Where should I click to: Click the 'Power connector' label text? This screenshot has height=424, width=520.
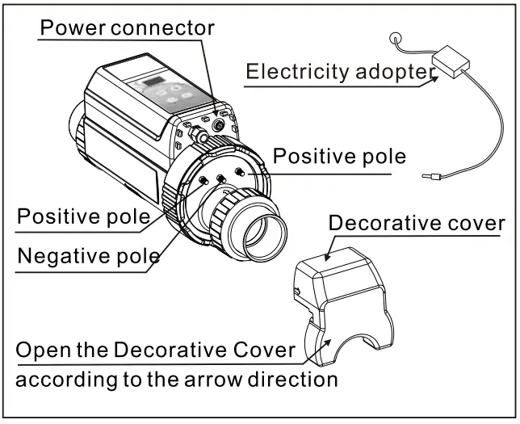pos(127,27)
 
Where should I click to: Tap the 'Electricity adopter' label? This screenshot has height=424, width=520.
pos(341,71)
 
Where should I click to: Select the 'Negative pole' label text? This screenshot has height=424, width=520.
pos(89,256)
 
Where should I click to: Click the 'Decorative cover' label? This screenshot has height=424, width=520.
pos(417,223)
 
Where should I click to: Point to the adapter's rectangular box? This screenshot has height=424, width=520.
pos(451,61)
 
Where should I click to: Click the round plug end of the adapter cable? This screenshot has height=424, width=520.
pos(396,38)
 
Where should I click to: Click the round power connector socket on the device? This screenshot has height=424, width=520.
pos(219,125)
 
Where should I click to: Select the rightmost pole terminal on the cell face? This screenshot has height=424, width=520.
pos(240,172)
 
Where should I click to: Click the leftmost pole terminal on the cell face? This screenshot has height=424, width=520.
pos(203,180)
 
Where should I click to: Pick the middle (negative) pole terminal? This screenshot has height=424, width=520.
pos(221,178)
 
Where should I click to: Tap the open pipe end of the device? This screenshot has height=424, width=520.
pos(265,236)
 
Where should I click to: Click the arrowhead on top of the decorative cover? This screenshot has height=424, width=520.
pos(328,257)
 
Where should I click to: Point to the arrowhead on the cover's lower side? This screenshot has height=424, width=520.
pos(327,342)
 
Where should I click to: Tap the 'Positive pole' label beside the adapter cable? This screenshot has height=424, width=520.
pos(339,156)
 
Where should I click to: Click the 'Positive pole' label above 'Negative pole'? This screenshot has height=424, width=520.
pos(84,216)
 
